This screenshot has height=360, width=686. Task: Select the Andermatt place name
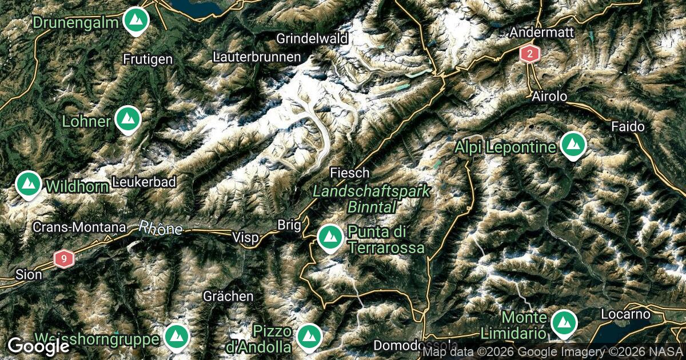[x=541, y=33]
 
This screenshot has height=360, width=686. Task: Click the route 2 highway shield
[x=530, y=55]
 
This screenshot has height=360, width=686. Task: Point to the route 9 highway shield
[x=64, y=259]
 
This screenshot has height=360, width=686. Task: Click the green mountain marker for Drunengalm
[x=135, y=21]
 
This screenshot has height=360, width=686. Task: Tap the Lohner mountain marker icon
[x=127, y=119]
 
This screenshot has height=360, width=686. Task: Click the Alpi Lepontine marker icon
[x=572, y=145]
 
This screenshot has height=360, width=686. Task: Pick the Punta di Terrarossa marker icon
[x=329, y=237]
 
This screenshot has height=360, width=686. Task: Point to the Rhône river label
[x=160, y=228]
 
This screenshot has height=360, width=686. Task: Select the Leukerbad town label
[x=144, y=182]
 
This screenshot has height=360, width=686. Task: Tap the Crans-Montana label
[x=79, y=227]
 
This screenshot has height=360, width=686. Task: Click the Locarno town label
[x=626, y=314]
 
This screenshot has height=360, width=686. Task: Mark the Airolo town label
[x=549, y=96]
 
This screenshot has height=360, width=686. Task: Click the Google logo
[x=38, y=345]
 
